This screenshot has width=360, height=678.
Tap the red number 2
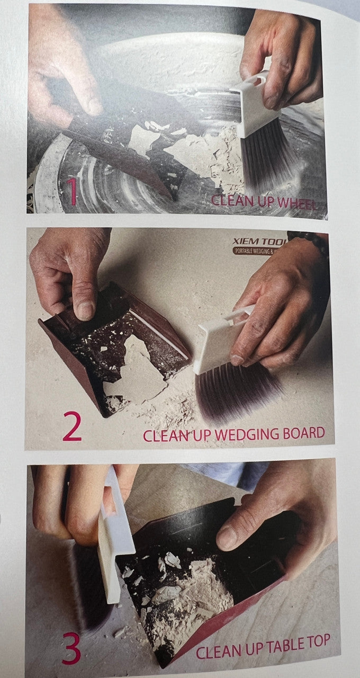(73, 427)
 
